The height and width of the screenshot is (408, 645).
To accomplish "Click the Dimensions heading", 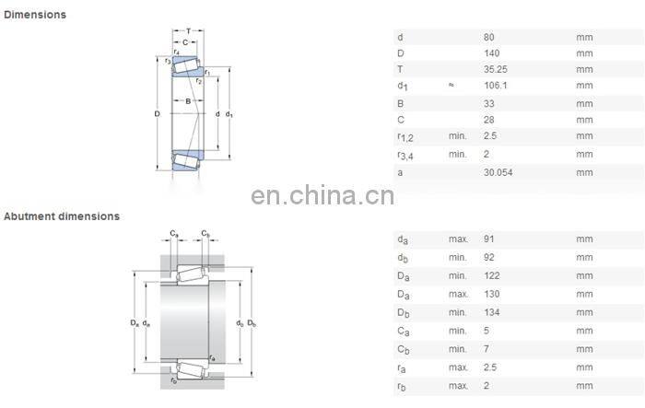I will tap(34, 15).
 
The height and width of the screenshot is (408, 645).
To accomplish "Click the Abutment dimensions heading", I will tap(62, 216).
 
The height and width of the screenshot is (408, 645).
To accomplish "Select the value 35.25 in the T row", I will tap(495, 70).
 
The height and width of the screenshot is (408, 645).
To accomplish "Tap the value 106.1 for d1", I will tap(495, 87).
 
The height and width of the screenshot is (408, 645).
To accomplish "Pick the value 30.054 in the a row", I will tap(498, 172).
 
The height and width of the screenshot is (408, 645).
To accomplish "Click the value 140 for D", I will tap(491, 53).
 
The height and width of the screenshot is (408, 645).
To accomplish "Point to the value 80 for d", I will tap(488, 37).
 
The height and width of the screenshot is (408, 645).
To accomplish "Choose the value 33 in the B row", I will tap(488, 104).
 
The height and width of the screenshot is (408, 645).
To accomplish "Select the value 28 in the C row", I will tap(488, 121).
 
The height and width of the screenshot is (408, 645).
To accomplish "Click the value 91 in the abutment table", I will tap(488, 239).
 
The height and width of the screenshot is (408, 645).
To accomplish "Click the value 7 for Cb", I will tap(487, 348).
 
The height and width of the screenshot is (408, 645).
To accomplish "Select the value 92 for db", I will tap(488, 257).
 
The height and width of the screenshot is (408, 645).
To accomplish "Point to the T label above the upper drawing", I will tap(188, 30).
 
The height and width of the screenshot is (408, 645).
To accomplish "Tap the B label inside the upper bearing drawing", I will tap(188, 100).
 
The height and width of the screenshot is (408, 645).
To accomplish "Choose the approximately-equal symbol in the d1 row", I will tap(451, 86).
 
